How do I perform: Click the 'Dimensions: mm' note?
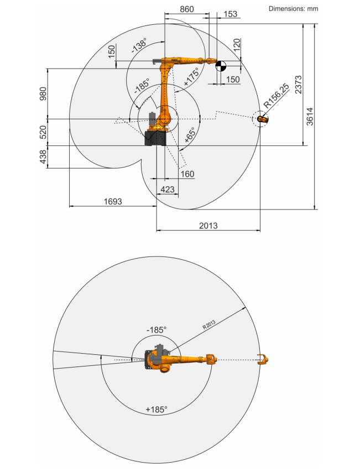coord(293,9)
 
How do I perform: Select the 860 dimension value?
coord(187,9)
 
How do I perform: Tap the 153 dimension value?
coord(231,14)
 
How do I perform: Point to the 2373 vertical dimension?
coord(298,85)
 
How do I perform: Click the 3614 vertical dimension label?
coord(309,117)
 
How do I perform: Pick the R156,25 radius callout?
coord(276,96)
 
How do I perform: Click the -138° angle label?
coord(139,45)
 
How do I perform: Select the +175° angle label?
coord(191,77)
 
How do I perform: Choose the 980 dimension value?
coord(43,93)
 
